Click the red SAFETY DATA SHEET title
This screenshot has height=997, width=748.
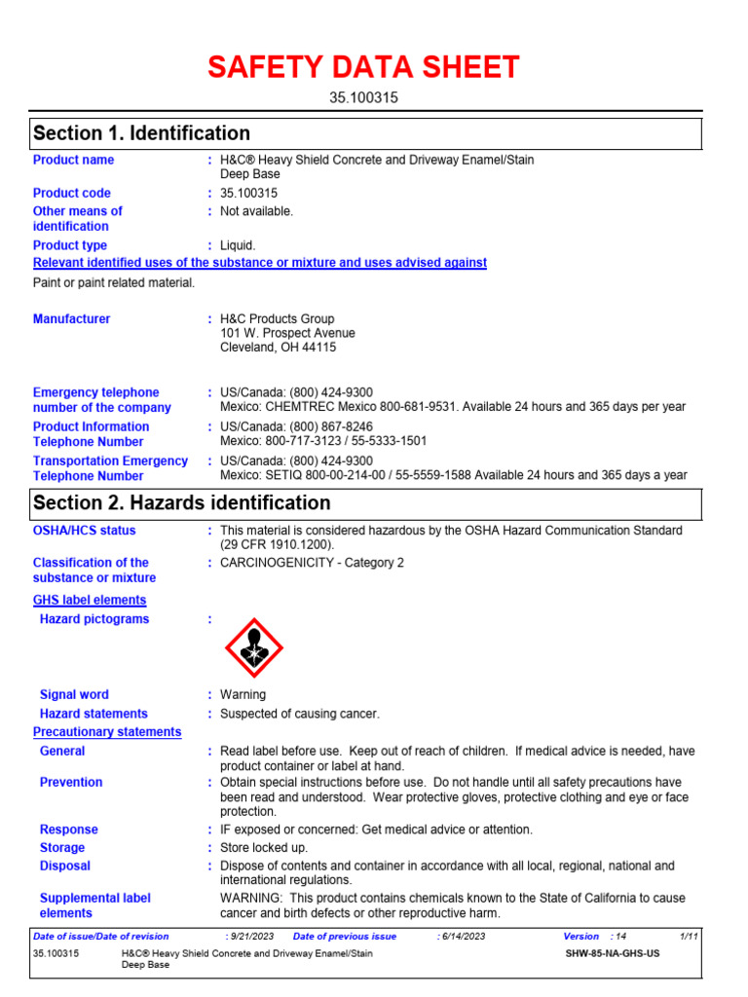pyautogui.click(x=362, y=67)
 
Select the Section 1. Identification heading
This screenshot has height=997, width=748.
pyautogui.click(x=141, y=133)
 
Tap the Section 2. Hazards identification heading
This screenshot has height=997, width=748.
pyautogui.click(x=181, y=503)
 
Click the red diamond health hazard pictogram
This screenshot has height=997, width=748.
pyautogui.click(x=253, y=648)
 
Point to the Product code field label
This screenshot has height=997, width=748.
pyautogui.click(x=72, y=193)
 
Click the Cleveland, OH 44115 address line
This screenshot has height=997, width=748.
pyautogui.click(x=278, y=348)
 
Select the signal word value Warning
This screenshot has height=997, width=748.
pyautogui.click(x=243, y=695)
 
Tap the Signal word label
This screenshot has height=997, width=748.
pyautogui.click(x=74, y=695)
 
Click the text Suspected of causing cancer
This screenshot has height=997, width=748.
pyautogui.click(x=299, y=714)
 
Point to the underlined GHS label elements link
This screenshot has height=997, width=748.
pyautogui.click(x=90, y=601)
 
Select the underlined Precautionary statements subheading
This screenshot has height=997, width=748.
pyautogui.click(x=107, y=732)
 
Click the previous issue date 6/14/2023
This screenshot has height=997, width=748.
pyautogui.click(x=463, y=937)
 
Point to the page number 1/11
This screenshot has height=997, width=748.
pyautogui.click(x=690, y=937)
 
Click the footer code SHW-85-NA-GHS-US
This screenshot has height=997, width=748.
pyautogui.click(x=612, y=954)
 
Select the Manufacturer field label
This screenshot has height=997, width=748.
pyautogui.click(x=72, y=319)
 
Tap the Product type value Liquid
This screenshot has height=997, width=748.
pyautogui.click(x=238, y=245)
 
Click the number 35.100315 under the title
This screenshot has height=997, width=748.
pyautogui.click(x=362, y=98)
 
